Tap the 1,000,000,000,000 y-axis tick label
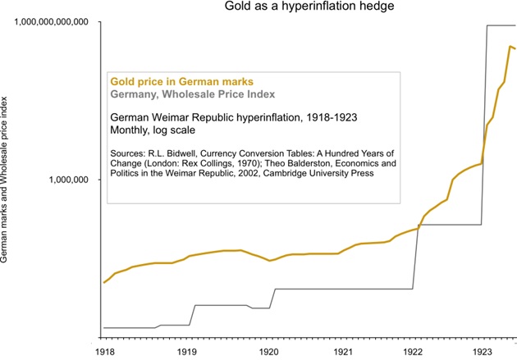[x=50, y=21]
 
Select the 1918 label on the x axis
[x=104, y=351]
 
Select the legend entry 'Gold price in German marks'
[x=181, y=81]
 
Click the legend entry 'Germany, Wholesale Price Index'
[x=192, y=94]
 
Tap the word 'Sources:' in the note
[x=130, y=153]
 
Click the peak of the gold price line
[x=510, y=47]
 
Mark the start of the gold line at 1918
[x=104, y=282]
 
